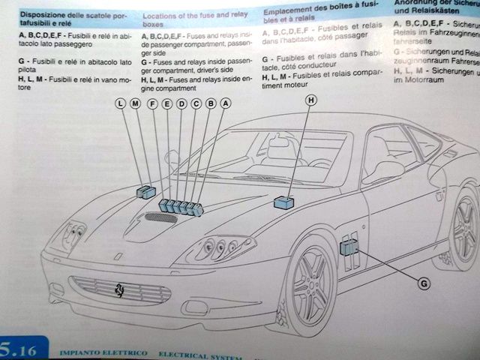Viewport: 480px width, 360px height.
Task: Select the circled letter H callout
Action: tap(310, 100)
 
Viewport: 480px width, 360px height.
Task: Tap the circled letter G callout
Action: tap(424, 283)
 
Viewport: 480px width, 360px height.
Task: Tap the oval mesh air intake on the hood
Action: tap(160, 218)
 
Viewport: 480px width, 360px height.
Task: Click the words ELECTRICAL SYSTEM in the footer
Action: tap(191, 352)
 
